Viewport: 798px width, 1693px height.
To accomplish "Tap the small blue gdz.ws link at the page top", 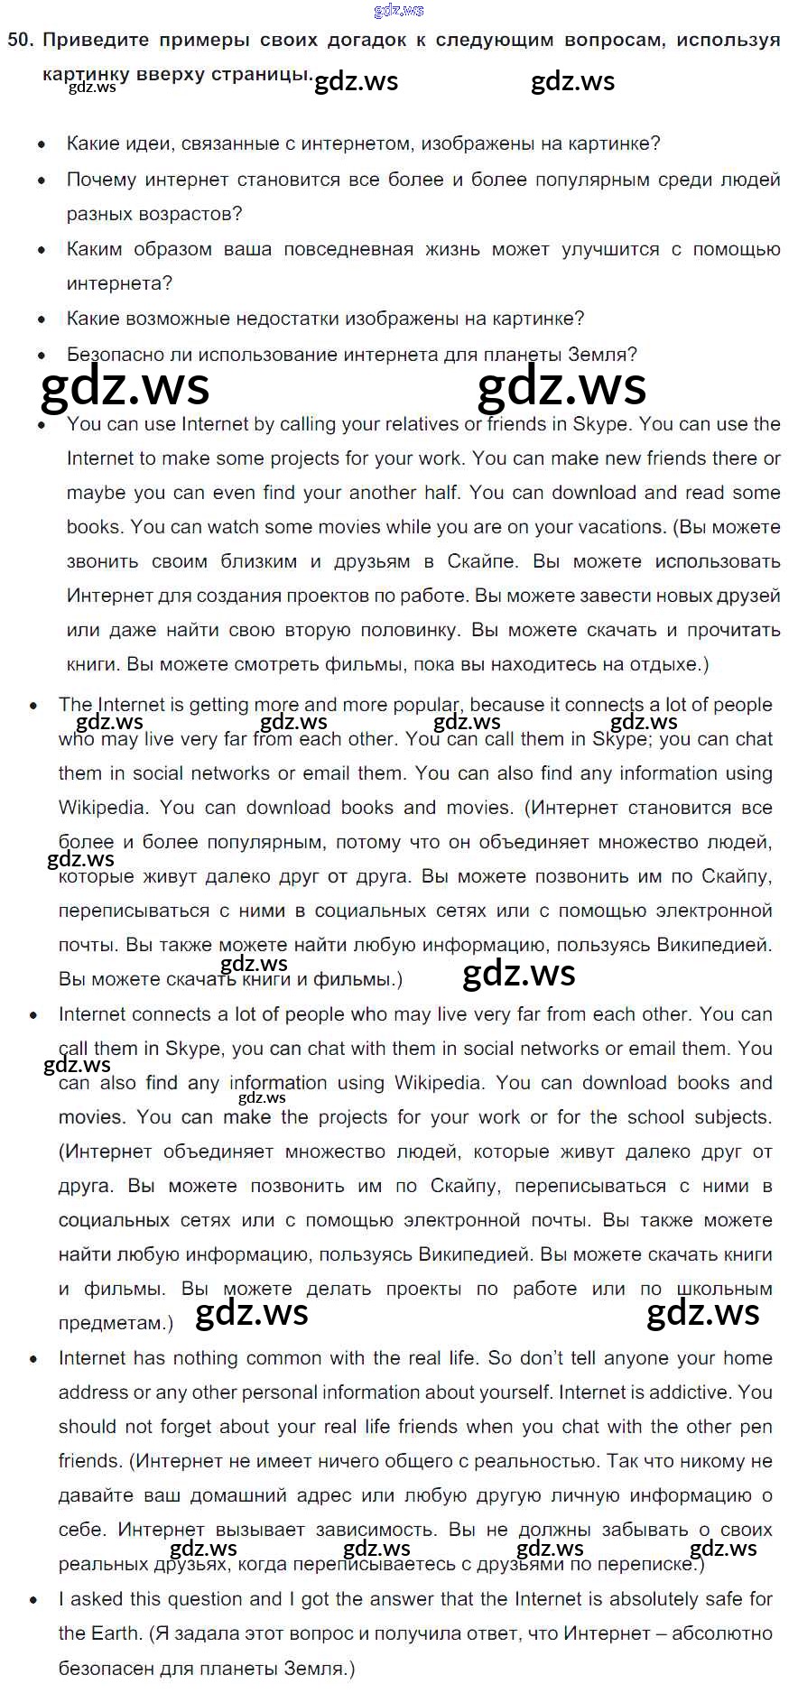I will pyautogui.click(x=398, y=11).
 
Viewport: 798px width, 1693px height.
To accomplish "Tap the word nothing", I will pyautogui.click(x=200, y=1358).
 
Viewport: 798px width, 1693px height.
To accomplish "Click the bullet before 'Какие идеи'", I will pyautogui.click(x=42, y=144).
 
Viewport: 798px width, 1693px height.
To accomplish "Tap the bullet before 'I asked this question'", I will pyautogui.click(x=34, y=1600).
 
